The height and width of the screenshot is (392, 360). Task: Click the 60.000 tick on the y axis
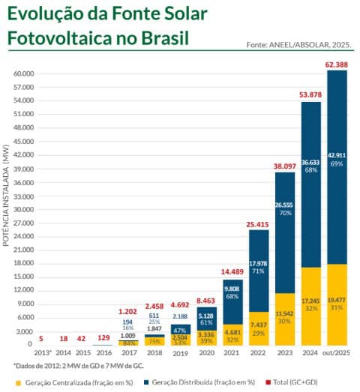click(23, 74)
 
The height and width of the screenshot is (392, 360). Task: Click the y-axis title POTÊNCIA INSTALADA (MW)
click(7, 195)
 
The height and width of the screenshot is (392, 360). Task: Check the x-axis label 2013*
click(43, 352)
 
